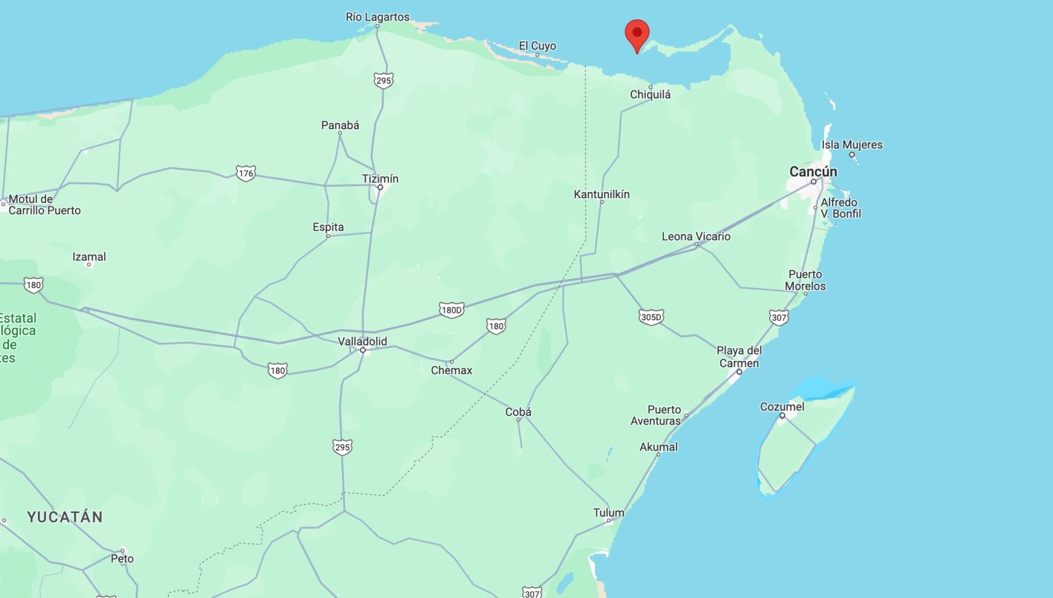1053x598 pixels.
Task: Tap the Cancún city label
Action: [813, 171]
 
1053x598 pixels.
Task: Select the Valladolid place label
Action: [362, 342]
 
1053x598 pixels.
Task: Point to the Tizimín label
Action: [380, 179]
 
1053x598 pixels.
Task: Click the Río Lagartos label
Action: [377, 17]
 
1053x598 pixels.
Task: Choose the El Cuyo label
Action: [537, 46]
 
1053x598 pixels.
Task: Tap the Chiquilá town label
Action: [650, 95]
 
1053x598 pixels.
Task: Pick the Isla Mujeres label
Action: [851, 145]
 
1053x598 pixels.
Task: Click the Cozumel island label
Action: [782, 407]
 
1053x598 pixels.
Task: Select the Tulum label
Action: [608, 513]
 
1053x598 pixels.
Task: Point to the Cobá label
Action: [518, 412]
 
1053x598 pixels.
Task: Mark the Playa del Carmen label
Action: [739, 357]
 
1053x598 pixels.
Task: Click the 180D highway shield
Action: [451, 310]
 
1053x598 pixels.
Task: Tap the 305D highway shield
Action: [651, 317]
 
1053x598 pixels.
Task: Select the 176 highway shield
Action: [245, 173]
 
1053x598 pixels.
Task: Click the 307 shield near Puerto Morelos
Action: [778, 317]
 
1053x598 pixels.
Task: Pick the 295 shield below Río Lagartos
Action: [383, 80]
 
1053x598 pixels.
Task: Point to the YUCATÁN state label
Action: [65, 517]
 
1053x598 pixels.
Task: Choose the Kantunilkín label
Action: [601, 194]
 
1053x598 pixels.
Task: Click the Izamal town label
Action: [89, 257]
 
